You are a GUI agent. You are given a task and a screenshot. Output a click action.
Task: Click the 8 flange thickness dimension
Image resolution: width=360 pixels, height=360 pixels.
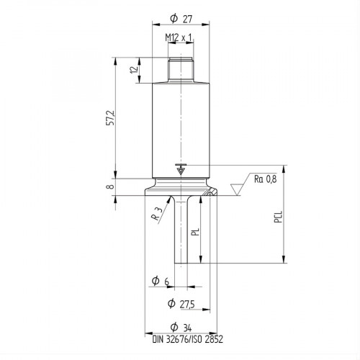point(110,187)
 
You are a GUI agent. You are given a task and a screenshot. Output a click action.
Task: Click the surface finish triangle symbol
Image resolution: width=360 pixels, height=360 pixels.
point(237,189)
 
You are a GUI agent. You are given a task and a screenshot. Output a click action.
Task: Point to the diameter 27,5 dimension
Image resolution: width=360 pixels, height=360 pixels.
point(180,304)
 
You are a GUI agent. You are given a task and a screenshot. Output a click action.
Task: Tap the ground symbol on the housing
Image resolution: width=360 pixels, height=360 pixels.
point(180,169)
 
